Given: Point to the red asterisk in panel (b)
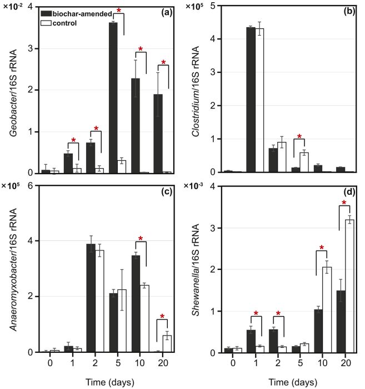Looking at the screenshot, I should point(301,136).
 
